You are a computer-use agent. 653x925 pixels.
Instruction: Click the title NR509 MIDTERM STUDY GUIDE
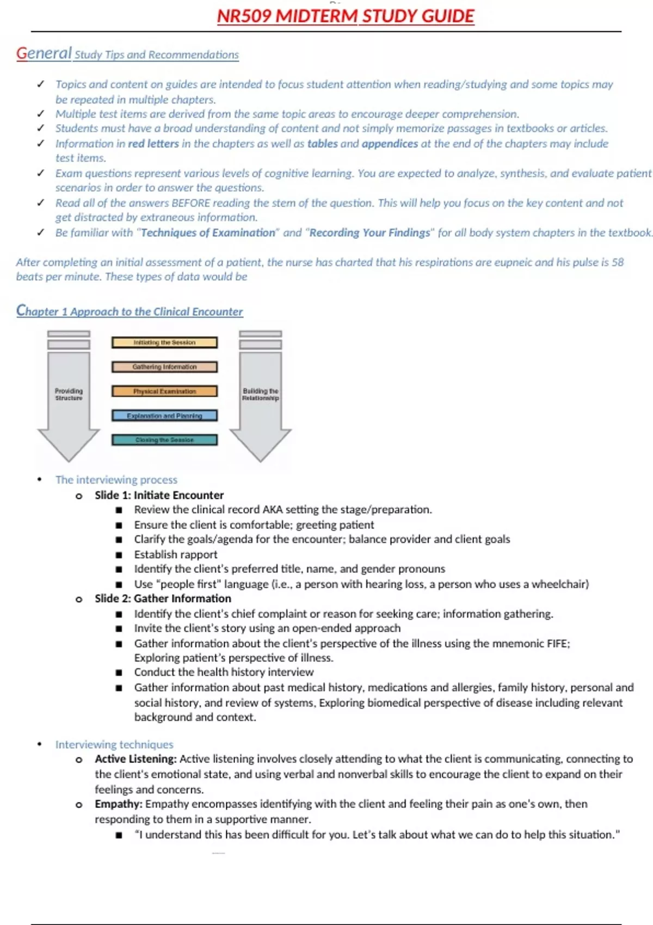346,16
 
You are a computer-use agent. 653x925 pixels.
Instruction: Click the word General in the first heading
44,53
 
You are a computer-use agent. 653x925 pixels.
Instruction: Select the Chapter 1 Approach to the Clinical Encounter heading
130,311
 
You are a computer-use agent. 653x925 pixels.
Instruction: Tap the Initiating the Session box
164,342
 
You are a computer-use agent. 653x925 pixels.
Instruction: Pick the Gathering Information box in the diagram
164,367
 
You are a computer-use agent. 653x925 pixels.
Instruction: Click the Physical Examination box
164,391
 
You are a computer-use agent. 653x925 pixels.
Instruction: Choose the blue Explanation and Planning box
164,416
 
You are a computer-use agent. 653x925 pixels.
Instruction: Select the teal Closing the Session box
164,440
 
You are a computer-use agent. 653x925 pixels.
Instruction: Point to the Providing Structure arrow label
69,394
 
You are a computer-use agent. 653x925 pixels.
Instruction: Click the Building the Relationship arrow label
261,394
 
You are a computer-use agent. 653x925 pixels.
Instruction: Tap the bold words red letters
153,144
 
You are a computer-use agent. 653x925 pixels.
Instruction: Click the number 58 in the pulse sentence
618,262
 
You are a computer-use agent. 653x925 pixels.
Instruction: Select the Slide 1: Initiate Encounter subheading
159,495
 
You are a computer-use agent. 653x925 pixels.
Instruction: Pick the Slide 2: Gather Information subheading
163,599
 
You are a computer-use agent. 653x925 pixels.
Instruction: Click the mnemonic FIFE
558,644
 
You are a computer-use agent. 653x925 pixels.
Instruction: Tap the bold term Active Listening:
135,759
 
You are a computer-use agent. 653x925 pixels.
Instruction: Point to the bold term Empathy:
119,804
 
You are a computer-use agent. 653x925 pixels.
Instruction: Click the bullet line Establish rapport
176,554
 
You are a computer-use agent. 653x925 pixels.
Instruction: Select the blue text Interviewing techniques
114,744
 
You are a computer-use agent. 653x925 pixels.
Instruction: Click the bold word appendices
390,144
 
